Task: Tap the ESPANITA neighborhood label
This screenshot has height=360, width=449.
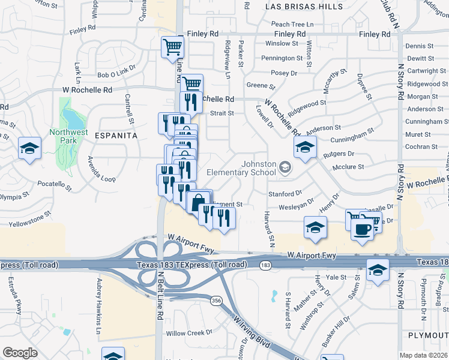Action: click(116, 136)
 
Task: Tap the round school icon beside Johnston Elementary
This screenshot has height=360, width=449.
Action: click(285, 167)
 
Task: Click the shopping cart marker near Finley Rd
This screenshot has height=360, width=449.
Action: click(172, 46)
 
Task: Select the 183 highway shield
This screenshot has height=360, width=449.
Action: click(265, 265)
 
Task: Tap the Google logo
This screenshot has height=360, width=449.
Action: click(20, 353)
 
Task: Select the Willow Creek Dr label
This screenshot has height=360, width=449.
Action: click(188, 332)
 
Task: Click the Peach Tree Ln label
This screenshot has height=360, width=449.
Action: click(293, 24)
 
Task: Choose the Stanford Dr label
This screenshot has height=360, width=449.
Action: click(285, 194)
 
